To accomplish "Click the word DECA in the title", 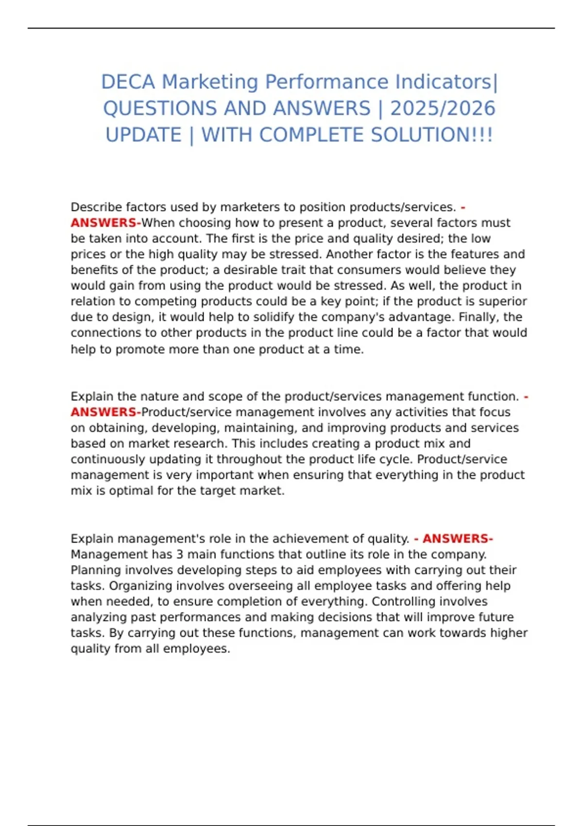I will click(x=128, y=82).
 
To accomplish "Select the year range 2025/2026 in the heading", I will click(x=443, y=108).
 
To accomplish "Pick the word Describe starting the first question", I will click(x=96, y=207).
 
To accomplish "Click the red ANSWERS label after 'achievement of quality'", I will click(x=457, y=538).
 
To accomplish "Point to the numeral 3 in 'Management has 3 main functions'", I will click(x=179, y=554).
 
